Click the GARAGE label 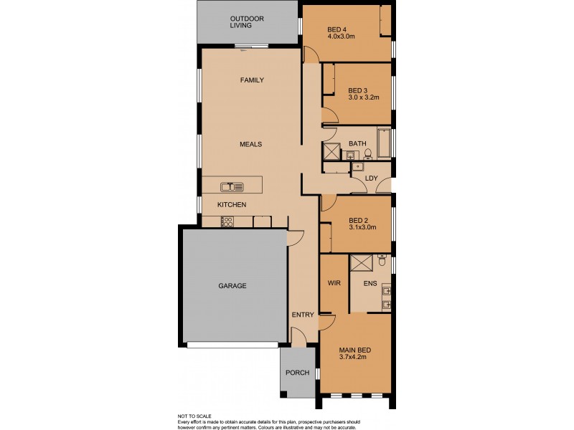tap(232, 286)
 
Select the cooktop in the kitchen tap(227, 221)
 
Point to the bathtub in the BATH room tap(383, 143)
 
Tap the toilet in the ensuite tap(382, 255)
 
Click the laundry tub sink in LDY tap(357, 167)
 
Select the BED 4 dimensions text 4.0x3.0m tap(342, 37)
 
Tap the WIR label tap(334, 284)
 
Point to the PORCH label tap(296, 373)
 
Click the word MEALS tap(250, 144)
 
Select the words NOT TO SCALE tap(195, 416)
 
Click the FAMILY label tap(252, 80)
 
